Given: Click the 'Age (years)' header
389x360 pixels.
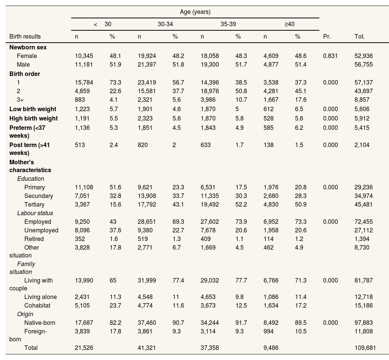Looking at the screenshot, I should click(x=195, y=12).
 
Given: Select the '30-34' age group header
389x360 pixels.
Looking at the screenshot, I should click(x=165, y=24).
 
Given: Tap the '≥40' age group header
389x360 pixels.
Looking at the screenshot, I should click(x=289, y=24).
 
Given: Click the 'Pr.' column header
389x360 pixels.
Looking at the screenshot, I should click(x=327, y=37).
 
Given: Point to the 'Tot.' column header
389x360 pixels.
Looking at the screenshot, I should click(x=359, y=37).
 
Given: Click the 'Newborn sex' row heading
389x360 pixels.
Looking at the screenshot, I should click(x=28, y=48).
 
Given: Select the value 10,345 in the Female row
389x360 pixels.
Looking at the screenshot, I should click(x=84, y=56).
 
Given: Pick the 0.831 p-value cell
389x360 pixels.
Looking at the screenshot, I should click(x=330, y=56).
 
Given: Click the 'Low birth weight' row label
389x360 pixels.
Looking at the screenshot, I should click(x=33, y=109).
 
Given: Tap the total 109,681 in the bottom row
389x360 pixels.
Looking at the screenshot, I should click(x=365, y=348).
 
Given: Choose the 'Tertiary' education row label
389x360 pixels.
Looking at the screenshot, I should click(x=34, y=205).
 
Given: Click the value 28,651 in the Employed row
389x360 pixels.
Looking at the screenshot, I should click(x=147, y=222).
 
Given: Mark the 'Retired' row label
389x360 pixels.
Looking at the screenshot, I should click(x=34, y=239).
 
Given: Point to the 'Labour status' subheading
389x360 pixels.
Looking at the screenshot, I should click(x=35, y=213).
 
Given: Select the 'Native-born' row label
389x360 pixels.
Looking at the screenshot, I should click(x=40, y=323).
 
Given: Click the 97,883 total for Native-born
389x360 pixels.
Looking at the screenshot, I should click(x=364, y=323).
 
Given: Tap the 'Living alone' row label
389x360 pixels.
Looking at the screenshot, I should click(x=40, y=297).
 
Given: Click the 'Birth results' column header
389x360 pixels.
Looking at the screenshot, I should click(x=25, y=37).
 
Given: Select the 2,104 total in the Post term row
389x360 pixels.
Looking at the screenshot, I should click(x=362, y=145).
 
